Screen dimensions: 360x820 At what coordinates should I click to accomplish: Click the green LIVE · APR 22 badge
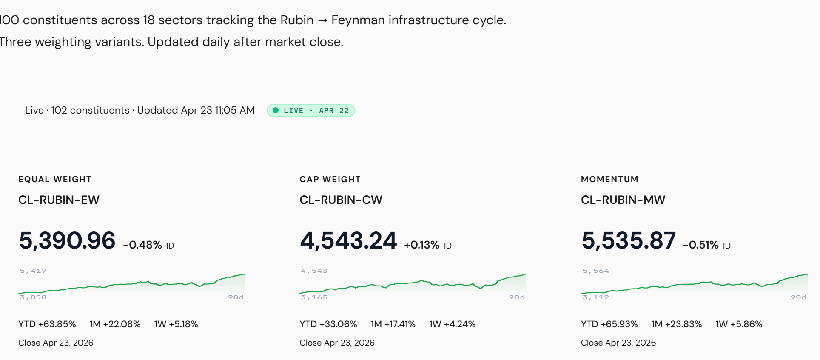pos(311,111)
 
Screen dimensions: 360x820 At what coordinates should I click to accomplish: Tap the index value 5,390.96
pos(67,240)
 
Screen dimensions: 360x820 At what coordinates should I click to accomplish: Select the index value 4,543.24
pos(348,240)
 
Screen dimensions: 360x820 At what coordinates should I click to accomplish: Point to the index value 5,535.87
pos(629,240)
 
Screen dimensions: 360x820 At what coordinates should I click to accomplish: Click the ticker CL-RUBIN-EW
pos(59,200)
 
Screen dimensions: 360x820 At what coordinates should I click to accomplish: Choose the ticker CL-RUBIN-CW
pos(341,200)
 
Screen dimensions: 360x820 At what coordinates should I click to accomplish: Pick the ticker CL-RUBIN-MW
pos(623,200)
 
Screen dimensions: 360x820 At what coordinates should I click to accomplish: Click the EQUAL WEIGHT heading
pos(55,179)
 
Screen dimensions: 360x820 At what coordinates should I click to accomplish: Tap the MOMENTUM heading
pos(609,179)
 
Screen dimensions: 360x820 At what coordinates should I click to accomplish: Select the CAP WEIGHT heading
pos(330,179)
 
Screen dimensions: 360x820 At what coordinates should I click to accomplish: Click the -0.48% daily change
pos(142,245)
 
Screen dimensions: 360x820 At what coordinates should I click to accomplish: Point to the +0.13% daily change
pos(421,245)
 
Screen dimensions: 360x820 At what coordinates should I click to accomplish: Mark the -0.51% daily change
pos(700,245)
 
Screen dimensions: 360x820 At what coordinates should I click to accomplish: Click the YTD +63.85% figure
pos(47,324)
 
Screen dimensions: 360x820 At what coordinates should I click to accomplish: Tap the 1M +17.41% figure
pos(393,324)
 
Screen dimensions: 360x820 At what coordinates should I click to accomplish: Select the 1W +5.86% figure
pos(739,324)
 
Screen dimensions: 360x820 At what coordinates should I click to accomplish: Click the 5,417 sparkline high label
pos(33,271)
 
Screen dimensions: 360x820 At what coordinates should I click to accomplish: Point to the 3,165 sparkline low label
pos(314,297)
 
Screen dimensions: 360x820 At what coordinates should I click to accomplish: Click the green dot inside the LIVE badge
pos(276,111)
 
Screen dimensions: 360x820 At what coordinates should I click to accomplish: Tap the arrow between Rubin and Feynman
pos(322,21)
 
